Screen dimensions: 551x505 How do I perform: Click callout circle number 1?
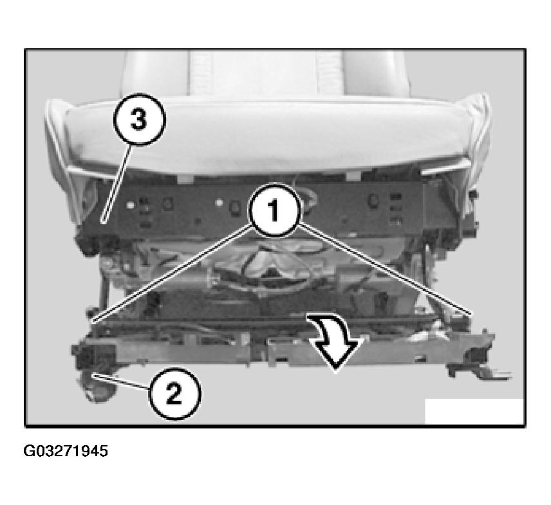tap(274, 210)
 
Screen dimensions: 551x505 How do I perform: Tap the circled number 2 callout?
tap(174, 393)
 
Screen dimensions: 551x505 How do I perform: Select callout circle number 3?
tap(139, 120)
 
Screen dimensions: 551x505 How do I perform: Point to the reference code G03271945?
tap(66, 451)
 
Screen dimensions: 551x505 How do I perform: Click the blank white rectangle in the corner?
tap(474, 411)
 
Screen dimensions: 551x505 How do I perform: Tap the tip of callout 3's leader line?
tap(103, 222)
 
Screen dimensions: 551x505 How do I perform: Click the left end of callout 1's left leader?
tap(92, 320)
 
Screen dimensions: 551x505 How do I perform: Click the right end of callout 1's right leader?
tap(472, 313)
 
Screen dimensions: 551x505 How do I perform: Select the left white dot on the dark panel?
tap(131, 204)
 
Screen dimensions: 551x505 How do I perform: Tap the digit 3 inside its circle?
tap(139, 120)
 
